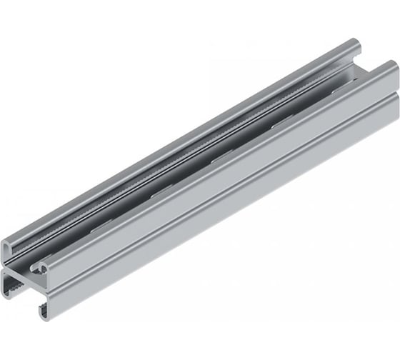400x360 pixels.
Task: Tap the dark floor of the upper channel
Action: pos(214,154)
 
